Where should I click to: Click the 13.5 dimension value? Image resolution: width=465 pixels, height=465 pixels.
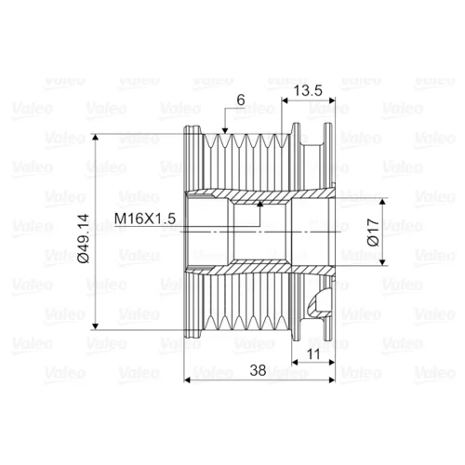[308, 91]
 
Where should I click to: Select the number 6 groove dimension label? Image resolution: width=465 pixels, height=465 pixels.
[241, 100]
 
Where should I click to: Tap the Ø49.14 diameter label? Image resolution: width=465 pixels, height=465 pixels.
[84, 238]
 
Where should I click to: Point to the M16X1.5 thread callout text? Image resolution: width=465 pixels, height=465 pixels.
[145, 219]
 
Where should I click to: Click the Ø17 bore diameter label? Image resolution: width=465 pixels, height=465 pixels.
[373, 232]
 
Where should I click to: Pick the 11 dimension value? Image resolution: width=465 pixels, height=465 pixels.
[312, 354]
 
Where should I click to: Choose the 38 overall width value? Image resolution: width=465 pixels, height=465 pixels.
[258, 370]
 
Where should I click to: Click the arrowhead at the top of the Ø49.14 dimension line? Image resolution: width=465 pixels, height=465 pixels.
[96, 138]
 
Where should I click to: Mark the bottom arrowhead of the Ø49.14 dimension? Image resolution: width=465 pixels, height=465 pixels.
[96, 326]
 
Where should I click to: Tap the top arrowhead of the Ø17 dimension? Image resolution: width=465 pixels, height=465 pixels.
[382, 202]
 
